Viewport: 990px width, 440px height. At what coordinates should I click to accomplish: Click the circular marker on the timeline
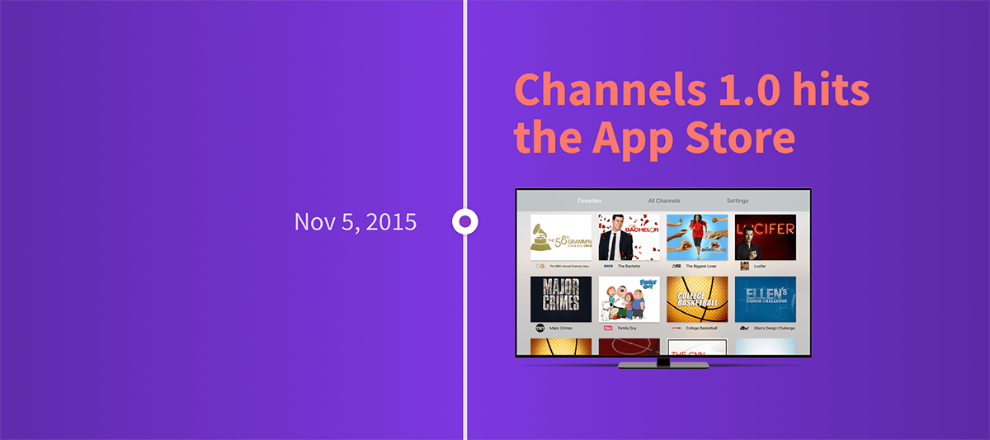pyautogui.click(x=465, y=221)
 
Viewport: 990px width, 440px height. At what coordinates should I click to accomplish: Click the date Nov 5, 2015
pyautogui.click(x=355, y=221)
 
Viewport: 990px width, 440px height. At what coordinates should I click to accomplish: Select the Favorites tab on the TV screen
pyautogui.click(x=590, y=201)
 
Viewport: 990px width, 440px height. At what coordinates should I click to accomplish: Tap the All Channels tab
pyautogui.click(x=664, y=201)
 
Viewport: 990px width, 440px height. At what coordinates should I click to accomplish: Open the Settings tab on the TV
pyautogui.click(x=738, y=201)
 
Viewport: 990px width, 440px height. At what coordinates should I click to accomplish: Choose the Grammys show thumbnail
pyautogui.click(x=561, y=238)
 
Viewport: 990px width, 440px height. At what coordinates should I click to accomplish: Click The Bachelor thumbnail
pyautogui.click(x=629, y=238)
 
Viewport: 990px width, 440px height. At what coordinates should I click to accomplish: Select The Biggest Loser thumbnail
pyautogui.click(x=697, y=238)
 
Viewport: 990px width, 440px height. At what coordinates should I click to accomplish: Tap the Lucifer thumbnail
pyautogui.click(x=766, y=238)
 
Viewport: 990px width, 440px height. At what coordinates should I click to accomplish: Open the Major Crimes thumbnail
pyautogui.click(x=561, y=299)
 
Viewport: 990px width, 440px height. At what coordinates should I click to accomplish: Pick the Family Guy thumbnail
pyautogui.click(x=629, y=299)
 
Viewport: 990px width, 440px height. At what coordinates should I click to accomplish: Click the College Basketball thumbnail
pyautogui.click(x=697, y=299)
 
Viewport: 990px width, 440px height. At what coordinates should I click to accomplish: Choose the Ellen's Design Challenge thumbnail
pyautogui.click(x=766, y=299)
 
